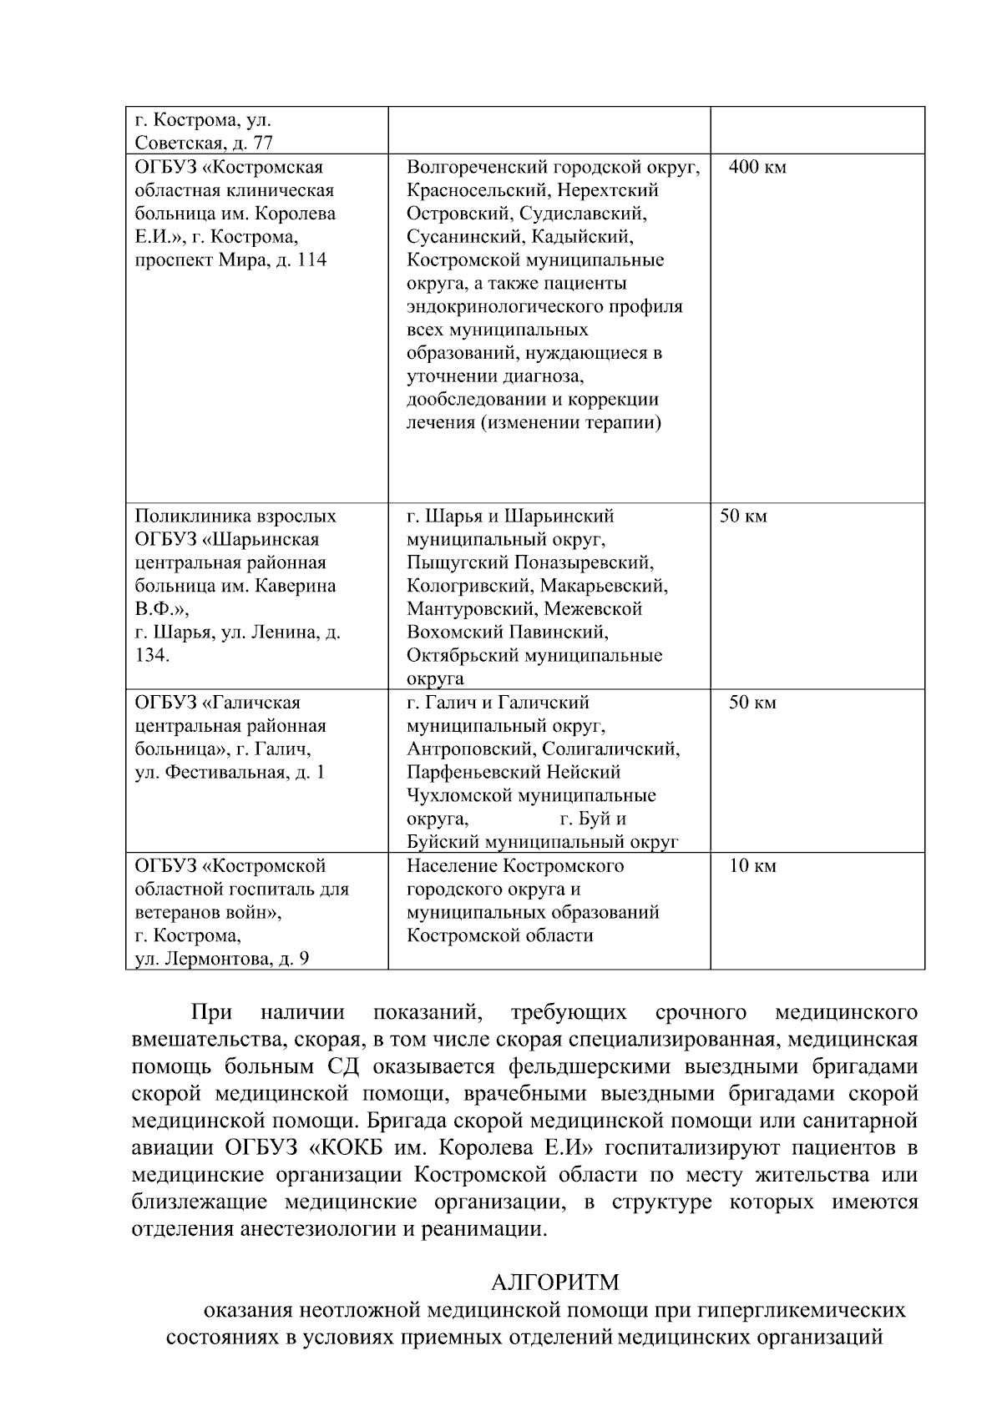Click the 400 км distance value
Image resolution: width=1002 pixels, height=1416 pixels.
coord(757,167)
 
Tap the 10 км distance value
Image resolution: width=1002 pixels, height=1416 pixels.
coord(752,865)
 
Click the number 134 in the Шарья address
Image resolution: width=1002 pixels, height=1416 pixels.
coord(150,656)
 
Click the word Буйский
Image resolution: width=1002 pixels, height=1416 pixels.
coord(443,842)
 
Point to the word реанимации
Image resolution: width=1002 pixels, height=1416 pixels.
coord(488,1229)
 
